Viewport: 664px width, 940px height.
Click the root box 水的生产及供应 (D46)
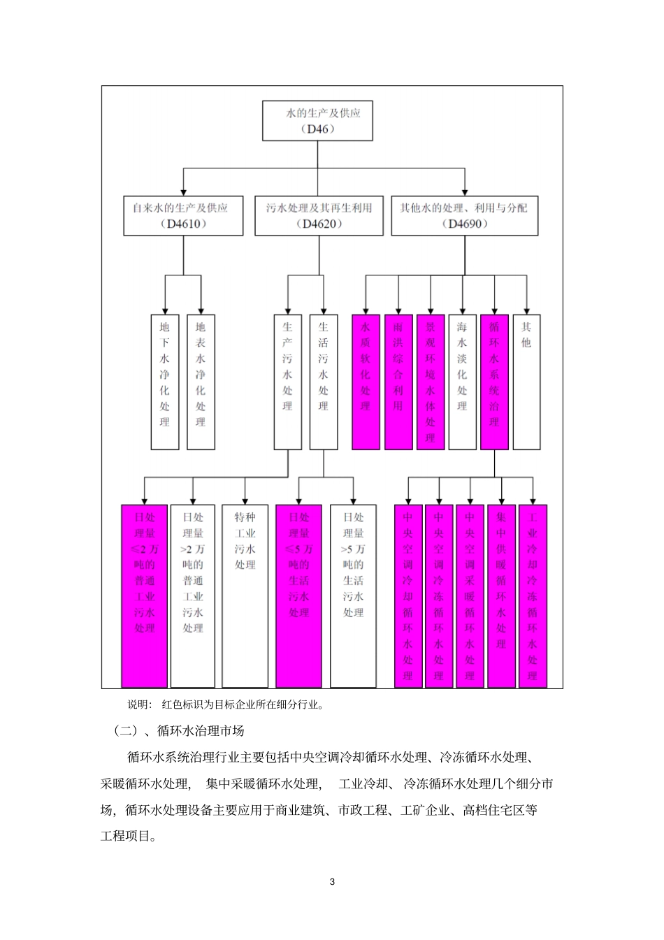pos(317,120)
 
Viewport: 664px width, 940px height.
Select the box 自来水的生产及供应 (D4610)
pos(183,215)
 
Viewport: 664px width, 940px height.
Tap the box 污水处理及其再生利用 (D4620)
pos(319,215)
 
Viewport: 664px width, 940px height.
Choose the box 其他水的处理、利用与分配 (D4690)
pos(464,215)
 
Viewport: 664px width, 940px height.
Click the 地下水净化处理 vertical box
pos(165,382)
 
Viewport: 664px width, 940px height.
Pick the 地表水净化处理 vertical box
pos(201,382)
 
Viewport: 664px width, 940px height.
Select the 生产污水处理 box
pos(287,382)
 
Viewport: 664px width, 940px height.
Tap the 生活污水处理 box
pos(323,382)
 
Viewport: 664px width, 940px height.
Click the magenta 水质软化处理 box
pos(366,382)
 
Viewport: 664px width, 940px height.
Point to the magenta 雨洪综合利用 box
pos(398,382)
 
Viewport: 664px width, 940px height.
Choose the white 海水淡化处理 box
pos(462,382)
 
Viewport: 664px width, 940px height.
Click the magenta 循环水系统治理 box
pos(494,382)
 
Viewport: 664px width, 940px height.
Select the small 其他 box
pos(526,382)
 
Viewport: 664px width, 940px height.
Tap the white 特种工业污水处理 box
pos(245,595)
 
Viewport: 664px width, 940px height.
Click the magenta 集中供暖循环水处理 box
pos(501,595)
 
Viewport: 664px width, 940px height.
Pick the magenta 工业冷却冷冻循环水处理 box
pos(533,595)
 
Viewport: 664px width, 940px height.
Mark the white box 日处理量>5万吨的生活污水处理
pos(353,595)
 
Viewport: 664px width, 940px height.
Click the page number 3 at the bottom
pos(332,881)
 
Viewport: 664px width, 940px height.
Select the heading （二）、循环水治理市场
pos(179,731)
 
